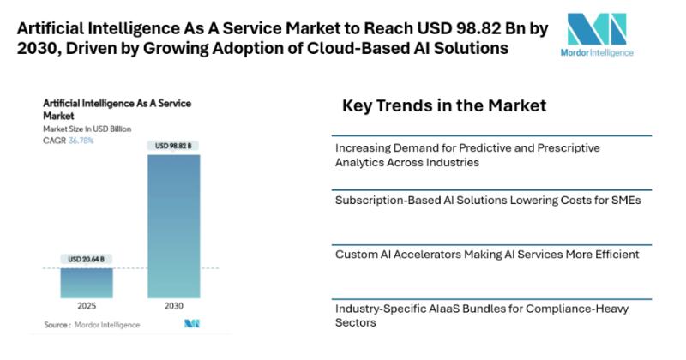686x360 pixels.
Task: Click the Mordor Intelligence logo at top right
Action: point(600,35)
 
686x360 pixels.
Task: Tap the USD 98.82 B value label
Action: point(174,146)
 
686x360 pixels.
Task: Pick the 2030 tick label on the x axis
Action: point(174,305)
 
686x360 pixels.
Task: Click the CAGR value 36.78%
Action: point(81,140)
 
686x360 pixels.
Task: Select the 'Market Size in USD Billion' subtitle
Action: point(82,129)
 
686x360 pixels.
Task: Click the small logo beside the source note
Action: point(191,324)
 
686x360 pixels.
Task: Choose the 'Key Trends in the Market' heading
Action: point(444,106)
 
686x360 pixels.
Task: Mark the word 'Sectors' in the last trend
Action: point(356,322)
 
